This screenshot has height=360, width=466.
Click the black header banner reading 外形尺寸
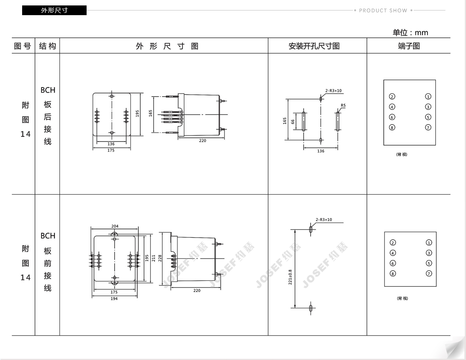pyautogui.click(x=54, y=10)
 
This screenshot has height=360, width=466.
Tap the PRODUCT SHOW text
pyautogui.click(x=383, y=10)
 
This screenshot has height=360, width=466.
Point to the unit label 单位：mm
pyautogui.click(x=410, y=33)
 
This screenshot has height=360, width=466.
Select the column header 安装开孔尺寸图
pyautogui.click(x=314, y=46)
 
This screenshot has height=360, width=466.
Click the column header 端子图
pyautogui.click(x=409, y=46)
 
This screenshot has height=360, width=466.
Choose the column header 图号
pyautogui.click(x=23, y=46)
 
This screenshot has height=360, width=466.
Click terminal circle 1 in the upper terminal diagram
pyautogui.click(x=428, y=96)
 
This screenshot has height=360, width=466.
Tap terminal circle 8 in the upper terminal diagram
pyautogui.click(x=392, y=128)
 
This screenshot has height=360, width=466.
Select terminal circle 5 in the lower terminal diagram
pyautogui.click(x=429, y=263)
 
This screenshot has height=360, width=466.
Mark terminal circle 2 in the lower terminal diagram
pyautogui.click(x=393, y=242)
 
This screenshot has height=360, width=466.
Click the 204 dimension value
pyautogui.click(x=115, y=226)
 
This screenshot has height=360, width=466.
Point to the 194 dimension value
pyautogui.click(x=114, y=299)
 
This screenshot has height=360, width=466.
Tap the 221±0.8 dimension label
pyautogui.click(x=290, y=277)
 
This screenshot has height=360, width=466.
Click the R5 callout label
pyautogui.click(x=343, y=105)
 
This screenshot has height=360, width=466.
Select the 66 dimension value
pyautogui.click(x=293, y=122)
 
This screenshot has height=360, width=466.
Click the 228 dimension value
pyautogui.click(x=160, y=258)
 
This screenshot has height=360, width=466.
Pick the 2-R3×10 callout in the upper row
pyautogui.click(x=333, y=91)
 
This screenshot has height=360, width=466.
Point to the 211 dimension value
pyautogui.click(x=153, y=258)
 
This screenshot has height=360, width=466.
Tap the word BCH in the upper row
pyautogui.click(x=48, y=90)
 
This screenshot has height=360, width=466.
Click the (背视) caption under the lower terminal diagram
pyautogui.click(x=402, y=298)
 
